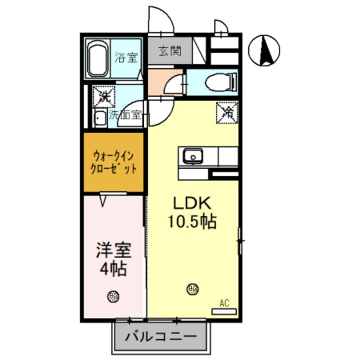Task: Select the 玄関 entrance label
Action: (169, 51)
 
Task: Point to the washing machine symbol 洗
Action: (103, 96)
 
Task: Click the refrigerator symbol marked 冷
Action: (227, 111)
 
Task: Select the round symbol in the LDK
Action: (192, 290)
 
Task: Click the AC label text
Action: (224, 303)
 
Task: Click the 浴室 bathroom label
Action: (126, 57)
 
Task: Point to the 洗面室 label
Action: (127, 117)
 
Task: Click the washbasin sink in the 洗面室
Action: (100, 118)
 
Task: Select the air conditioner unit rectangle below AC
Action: (224, 310)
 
